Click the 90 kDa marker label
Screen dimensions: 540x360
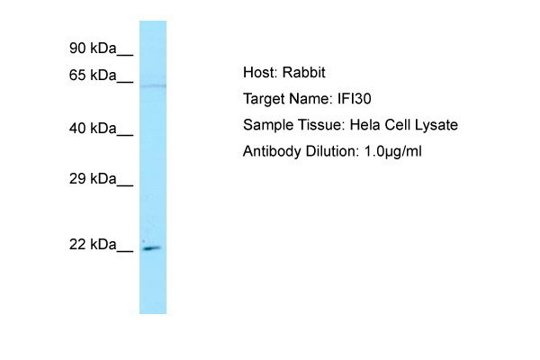coord(93,48)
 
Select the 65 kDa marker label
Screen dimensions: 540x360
coord(93,75)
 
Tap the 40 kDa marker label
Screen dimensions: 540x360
coord(93,128)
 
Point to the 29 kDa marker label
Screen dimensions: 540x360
coord(93,178)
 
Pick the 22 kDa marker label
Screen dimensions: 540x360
coord(93,244)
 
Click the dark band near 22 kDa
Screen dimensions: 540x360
coord(152,248)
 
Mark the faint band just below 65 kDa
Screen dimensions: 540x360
coord(153,85)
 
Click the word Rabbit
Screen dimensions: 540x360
coord(304,72)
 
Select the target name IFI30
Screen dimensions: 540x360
coord(354,99)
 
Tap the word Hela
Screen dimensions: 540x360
coord(364,125)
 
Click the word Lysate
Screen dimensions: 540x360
coord(436,125)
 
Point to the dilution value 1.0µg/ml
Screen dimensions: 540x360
coord(392,151)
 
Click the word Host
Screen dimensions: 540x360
coord(260,72)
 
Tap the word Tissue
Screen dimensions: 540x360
coord(321,125)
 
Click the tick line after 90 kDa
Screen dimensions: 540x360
coord(125,54)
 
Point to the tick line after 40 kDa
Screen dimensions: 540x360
coord(125,135)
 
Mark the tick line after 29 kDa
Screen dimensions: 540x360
coord(125,185)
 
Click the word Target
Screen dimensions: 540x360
coord(263,99)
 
